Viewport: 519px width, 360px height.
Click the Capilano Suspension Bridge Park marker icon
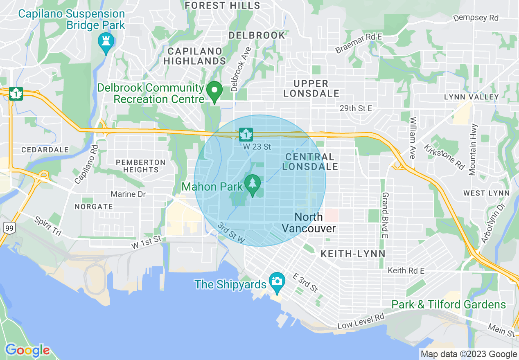point(106,43)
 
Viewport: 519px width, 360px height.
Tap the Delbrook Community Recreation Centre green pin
point(214,91)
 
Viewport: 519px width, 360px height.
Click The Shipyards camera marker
point(277,282)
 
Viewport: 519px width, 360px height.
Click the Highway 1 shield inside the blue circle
point(246,134)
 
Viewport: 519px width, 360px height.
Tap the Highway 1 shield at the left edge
point(16,93)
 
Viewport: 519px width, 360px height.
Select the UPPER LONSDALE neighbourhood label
point(311,88)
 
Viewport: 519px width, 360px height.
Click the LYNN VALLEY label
point(472,97)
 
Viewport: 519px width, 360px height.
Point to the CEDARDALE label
point(45,150)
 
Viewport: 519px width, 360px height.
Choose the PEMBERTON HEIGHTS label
point(140,166)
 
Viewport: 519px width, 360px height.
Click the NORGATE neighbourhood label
point(94,207)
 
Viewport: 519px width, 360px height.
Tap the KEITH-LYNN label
point(353,254)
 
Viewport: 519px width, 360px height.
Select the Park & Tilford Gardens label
point(449,304)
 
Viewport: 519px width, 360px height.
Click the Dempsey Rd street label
point(476,18)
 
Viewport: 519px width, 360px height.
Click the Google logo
point(27,351)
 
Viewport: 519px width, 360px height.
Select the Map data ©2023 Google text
point(469,354)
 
